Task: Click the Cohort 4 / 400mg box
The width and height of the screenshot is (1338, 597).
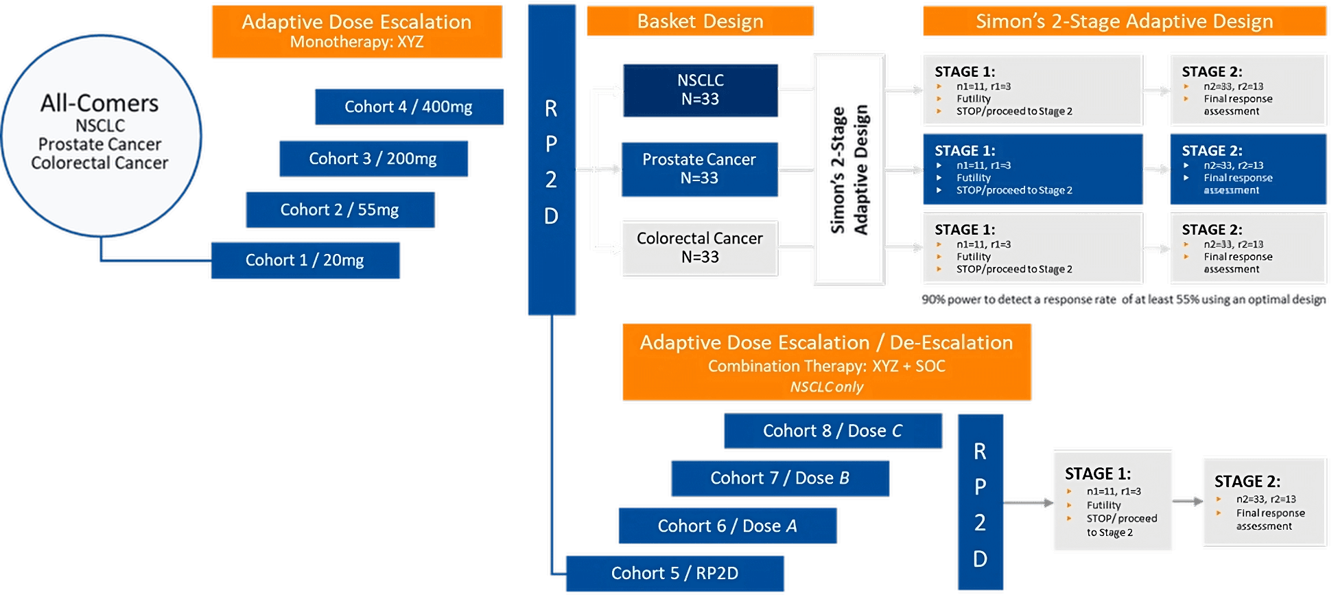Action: (409, 106)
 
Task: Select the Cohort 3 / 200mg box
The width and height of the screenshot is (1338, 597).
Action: (373, 159)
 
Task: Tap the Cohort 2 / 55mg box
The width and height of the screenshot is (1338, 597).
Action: (340, 209)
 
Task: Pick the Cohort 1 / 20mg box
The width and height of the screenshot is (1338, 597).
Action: (305, 260)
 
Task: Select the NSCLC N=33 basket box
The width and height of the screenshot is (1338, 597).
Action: (700, 90)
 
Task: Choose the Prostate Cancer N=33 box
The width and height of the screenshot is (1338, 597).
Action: (699, 169)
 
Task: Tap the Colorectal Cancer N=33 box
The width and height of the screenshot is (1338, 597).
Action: (700, 248)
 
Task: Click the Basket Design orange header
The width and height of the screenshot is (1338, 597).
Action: (700, 21)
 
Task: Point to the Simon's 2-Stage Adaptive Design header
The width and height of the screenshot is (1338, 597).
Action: (1124, 21)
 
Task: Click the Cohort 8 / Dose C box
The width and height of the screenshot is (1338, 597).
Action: (832, 430)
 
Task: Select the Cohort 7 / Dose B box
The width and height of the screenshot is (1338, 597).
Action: (780, 478)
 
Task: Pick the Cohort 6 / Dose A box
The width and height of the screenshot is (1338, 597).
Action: (727, 526)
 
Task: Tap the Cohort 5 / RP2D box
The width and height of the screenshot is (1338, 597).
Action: (674, 573)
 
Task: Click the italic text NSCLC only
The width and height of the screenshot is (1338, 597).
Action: (826, 387)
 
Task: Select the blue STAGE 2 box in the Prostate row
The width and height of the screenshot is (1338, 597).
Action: (1247, 169)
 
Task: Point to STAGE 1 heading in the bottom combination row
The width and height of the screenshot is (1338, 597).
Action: (1097, 473)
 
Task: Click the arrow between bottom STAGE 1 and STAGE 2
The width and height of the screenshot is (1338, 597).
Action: (1188, 502)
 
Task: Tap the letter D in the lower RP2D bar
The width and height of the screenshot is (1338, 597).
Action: (980, 559)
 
